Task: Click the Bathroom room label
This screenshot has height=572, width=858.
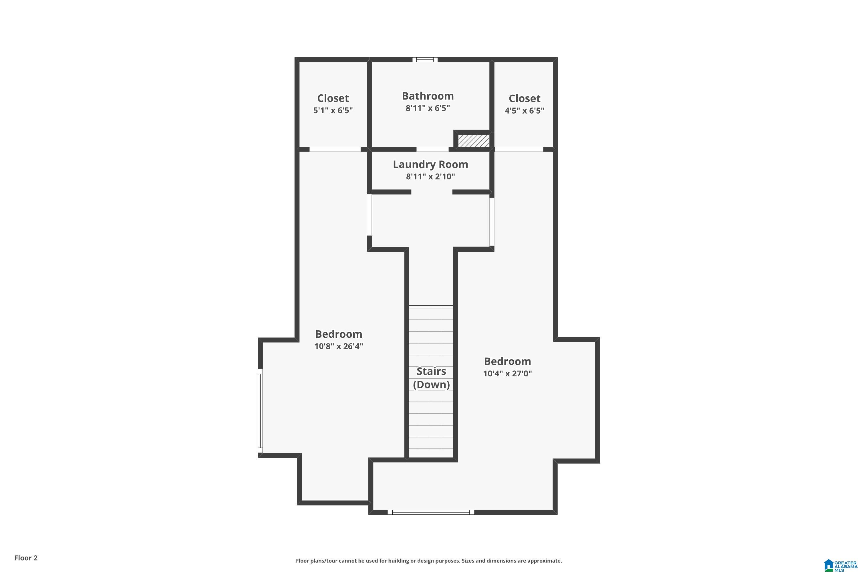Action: pos(428,96)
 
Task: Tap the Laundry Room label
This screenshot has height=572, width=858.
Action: pos(430,164)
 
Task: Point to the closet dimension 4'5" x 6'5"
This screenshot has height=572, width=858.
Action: pos(524,110)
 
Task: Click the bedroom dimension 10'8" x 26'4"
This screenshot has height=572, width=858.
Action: pos(339,346)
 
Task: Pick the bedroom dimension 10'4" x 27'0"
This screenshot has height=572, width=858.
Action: pos(507,374)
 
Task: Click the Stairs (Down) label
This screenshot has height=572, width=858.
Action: pos(431,378)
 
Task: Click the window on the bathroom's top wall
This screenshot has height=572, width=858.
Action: pos(425,59)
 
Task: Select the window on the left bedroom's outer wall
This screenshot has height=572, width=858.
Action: pos(260,411)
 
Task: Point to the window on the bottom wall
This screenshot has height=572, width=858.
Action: pos(431,512)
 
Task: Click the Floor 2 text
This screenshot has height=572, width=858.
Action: pos(26,558)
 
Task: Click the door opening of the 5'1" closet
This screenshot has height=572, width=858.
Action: pos(335,149)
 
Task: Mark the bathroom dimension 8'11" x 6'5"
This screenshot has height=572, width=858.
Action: pos(428,108)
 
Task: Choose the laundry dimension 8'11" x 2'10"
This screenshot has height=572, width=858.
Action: pos(430,176)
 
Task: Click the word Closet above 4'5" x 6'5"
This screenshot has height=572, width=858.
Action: pos(524,98)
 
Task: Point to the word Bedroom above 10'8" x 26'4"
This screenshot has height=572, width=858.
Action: pos(339,334)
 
